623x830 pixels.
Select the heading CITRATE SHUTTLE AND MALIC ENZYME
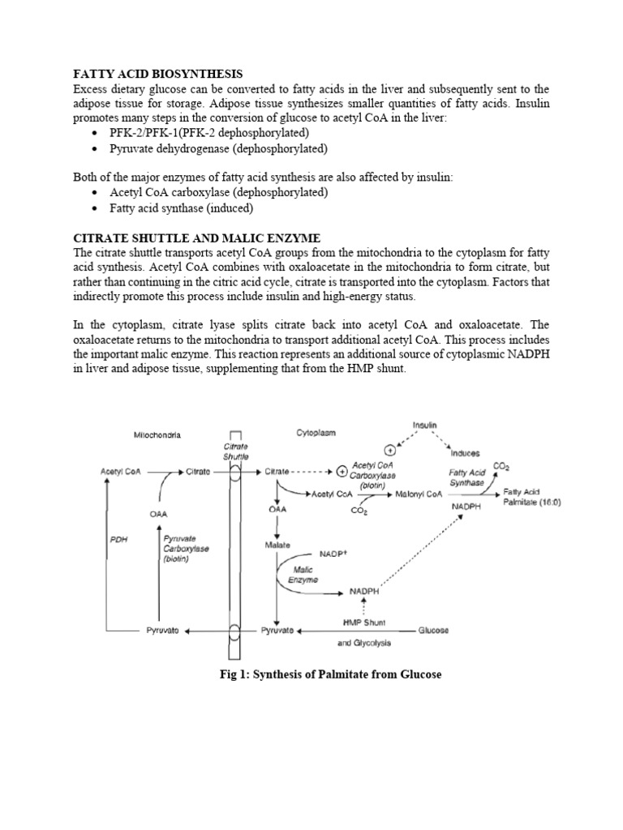[x=197, y=237]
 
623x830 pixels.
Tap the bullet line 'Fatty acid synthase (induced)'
[x=182, y=208]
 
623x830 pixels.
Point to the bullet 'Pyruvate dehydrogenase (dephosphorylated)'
[x=218, y=149]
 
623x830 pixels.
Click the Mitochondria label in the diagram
[x=157, y=435]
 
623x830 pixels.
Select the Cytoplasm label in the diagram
[x=316, y=433]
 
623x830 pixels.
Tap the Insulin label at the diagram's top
[x=423, y=425]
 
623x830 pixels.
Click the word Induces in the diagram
[x=465, y=453]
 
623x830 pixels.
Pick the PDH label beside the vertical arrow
[x=119, y=537]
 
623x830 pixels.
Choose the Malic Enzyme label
[x=303, y=575]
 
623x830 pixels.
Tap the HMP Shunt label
[x=363, y=622]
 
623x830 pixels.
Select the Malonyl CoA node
[x=419, y=493]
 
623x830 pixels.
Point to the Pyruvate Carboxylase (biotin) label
[x=186, y=548]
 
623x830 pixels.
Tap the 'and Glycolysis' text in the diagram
[x=364, y=643]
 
